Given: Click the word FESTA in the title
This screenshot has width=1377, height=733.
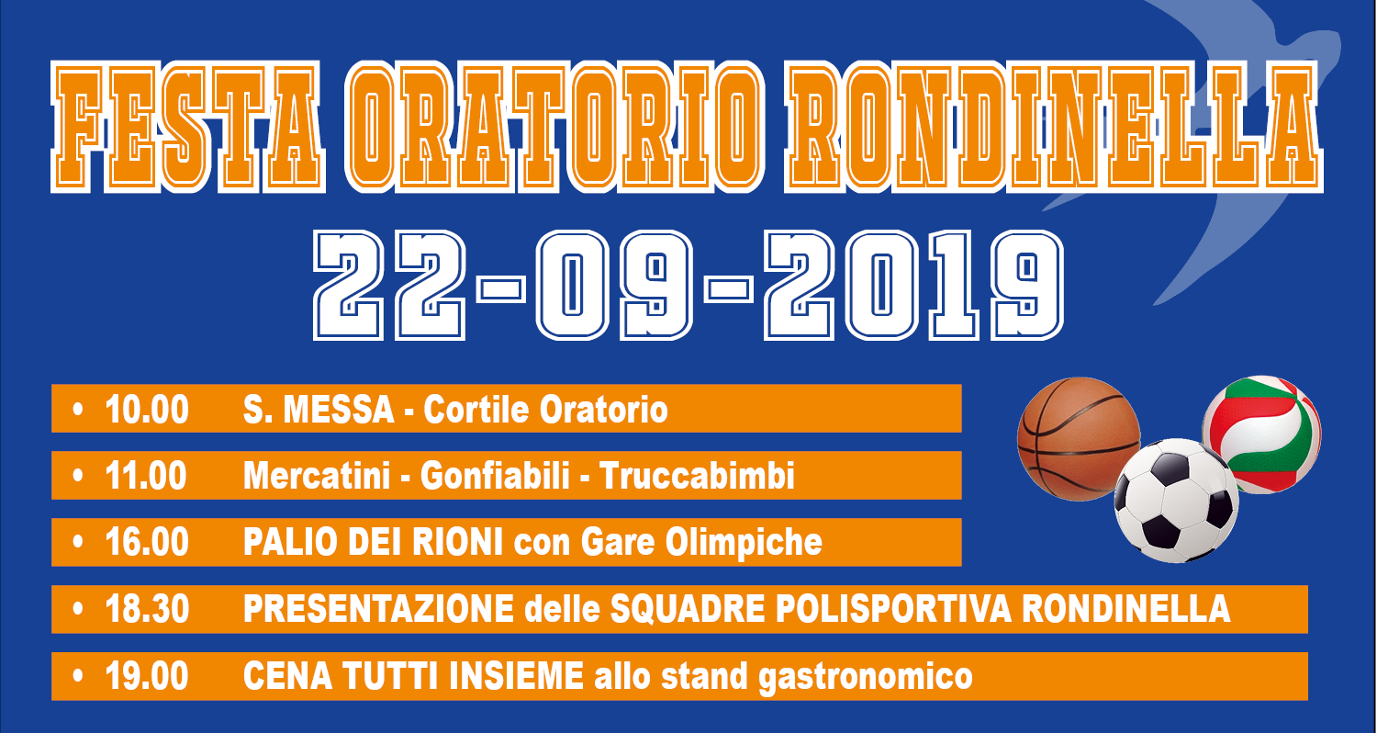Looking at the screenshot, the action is [187, 127].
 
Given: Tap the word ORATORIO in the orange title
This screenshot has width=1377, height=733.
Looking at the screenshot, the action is [554, 127].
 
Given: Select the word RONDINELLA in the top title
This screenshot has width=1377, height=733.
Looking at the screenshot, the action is [1054, 127].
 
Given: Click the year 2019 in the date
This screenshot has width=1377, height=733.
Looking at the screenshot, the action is [913, 286].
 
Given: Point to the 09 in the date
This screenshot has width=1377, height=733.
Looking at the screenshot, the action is [615, 286].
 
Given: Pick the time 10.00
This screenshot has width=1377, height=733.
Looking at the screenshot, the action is [147, 409].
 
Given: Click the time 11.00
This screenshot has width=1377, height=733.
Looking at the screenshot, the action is [146, 476].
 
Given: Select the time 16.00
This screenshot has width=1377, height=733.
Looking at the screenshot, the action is [147, 542].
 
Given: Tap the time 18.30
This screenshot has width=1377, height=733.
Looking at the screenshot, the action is [147, 609].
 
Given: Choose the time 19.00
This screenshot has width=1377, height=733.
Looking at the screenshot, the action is [147, 676].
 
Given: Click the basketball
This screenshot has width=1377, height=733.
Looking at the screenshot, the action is [1079, 438].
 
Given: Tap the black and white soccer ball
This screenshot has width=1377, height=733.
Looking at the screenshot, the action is [1176, 501].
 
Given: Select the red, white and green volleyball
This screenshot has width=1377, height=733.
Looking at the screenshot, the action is [1261, 434].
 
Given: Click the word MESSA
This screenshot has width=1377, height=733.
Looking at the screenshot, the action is [339, 409].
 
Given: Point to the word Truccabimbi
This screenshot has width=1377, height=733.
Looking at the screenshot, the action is [697, 476].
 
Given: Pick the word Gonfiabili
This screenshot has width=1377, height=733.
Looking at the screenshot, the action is [495, 476].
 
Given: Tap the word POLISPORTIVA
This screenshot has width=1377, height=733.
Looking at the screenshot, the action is [894, 609].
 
